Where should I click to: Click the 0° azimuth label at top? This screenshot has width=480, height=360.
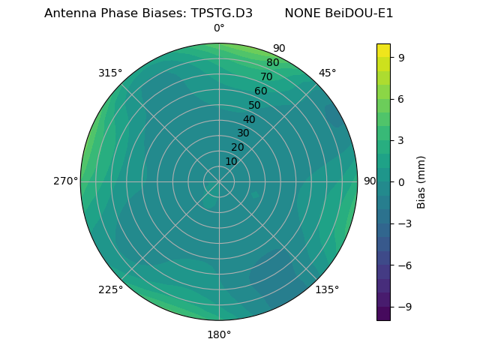pos(219,28)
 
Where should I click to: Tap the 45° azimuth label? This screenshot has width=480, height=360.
pos(327,73)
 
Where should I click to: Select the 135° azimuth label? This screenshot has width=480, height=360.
pos(327,289)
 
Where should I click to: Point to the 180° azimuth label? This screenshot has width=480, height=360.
pos(219,334)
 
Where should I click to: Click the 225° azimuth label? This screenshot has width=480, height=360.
pos(110,289)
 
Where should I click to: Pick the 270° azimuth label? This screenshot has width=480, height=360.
pos(65,181)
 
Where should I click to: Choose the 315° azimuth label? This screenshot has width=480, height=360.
pos(110,73)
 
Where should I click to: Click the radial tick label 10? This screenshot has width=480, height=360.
pos(231,161)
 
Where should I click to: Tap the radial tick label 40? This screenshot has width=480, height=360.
pos(249,119)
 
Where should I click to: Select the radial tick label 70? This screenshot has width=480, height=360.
pos(266,76)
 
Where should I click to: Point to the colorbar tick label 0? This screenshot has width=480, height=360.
pos(402,181)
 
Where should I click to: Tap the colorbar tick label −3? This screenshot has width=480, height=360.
pos(403,223)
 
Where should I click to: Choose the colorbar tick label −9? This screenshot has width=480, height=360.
pos(403,307)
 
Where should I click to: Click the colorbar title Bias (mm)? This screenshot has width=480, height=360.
pos(421,181)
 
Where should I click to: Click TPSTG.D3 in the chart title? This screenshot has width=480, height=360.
pos(217,13)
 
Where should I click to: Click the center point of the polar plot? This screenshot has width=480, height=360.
pos(219,181)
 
